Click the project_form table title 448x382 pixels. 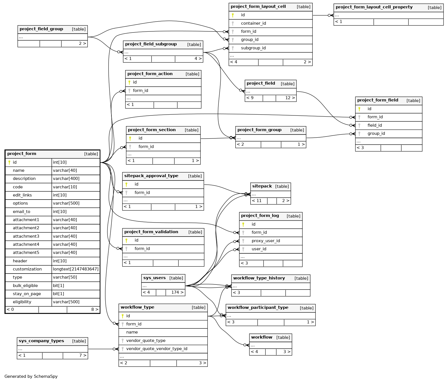[22, 154]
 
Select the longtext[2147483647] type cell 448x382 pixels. [76, 269]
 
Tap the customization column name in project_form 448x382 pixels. [27, 269]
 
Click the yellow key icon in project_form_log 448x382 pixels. [243, 224]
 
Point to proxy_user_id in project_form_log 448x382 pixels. [265, 241]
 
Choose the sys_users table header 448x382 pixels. [154, 278]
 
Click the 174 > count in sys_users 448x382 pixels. [178, 292]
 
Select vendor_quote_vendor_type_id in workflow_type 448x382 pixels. [157, 349]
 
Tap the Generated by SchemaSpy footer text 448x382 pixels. [31, 376]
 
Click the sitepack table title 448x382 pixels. [262, 186]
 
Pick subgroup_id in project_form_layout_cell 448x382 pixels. [253, 48]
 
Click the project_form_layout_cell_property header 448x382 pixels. [374, 7]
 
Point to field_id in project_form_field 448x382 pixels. [374, 125]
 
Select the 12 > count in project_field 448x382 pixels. [290, 98]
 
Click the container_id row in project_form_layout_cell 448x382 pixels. [253, 23]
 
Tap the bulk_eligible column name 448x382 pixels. [25, 286]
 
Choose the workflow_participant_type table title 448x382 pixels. [258, 308]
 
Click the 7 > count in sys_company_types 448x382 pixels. [83, 355]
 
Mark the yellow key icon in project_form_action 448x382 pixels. [129, 82]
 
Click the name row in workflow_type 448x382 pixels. [132, 332]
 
